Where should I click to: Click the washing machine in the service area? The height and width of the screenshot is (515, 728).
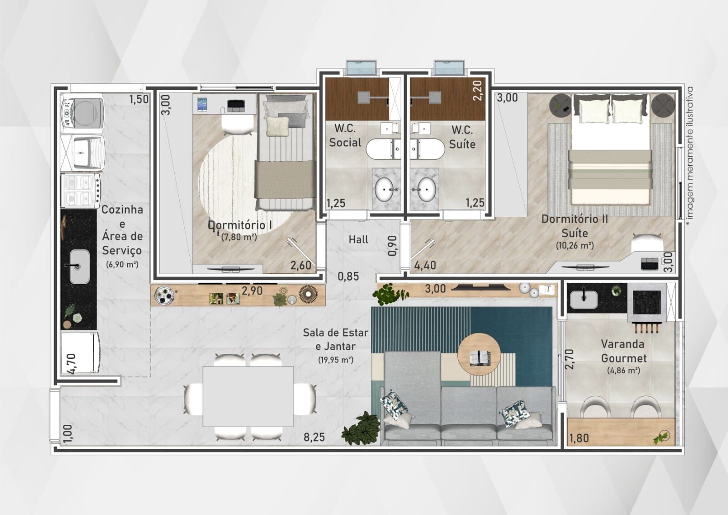[82, 113]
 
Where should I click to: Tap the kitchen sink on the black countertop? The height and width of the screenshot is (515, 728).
[80, 266]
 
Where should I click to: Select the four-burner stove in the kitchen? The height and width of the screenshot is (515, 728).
[81, 190]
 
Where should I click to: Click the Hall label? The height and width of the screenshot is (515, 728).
[358, 240]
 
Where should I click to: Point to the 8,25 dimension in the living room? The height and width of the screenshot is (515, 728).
[314, 437]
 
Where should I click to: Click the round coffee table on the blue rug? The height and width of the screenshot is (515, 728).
[479, 354]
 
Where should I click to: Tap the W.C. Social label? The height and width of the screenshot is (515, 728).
[345, 135]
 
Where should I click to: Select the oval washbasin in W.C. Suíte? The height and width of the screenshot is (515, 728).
[426, 189]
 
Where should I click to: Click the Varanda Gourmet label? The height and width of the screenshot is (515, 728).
[623, 351]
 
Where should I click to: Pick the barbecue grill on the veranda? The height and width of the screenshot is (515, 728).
[647, 303]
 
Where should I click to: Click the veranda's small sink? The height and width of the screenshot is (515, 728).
[584, 299]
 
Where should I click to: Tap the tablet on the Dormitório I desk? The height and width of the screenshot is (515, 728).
[202, 104]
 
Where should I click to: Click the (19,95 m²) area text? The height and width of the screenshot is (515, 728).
[336, 360]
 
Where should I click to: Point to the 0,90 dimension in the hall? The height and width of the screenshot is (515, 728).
[393, 245]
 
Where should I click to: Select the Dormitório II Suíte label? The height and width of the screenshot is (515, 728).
[574, 226]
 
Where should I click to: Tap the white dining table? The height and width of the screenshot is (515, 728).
[248, 396]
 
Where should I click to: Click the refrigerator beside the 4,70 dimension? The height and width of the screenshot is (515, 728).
[80, 352]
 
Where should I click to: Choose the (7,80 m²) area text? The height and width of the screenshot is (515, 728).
[239, 237]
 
